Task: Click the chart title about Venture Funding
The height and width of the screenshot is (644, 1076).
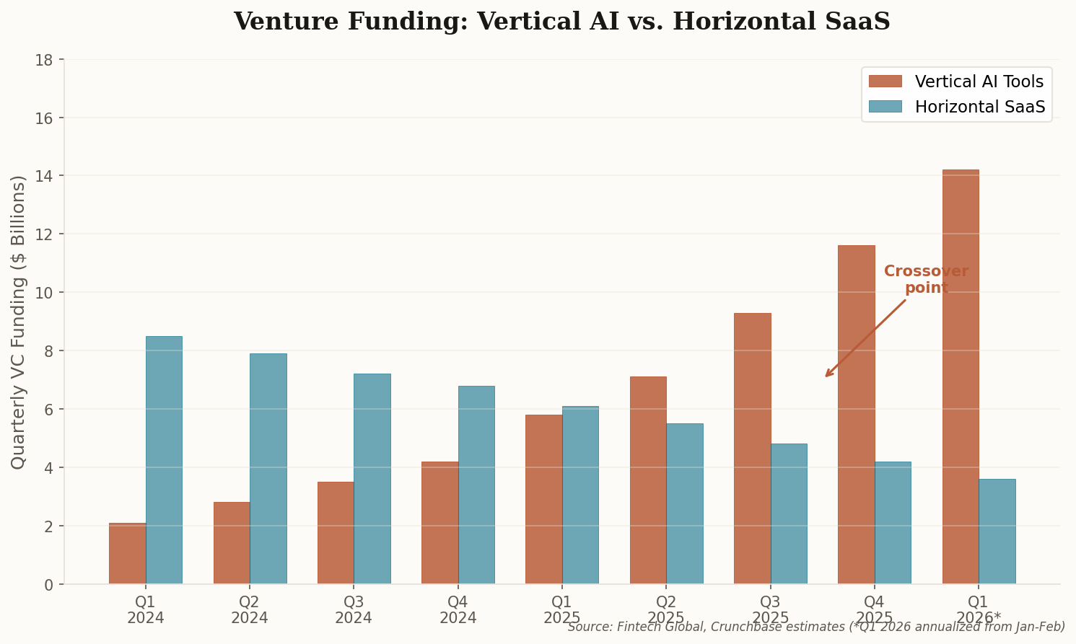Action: click(x=561, y=22)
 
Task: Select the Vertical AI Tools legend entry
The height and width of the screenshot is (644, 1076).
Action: click(x=956, y=81)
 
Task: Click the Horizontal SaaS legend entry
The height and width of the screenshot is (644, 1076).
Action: click(x=956, y=107)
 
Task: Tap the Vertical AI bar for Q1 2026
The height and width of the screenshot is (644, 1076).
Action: click(x=961, y=376)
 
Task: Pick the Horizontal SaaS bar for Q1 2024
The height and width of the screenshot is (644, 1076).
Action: click(x=164, y=460)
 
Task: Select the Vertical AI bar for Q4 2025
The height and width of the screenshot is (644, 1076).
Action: click(x=856, y=415)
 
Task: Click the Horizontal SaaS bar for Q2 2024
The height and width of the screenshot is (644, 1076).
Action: click(x=268, y=469)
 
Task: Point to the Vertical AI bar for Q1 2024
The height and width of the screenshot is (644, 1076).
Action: click(x=127, y=553)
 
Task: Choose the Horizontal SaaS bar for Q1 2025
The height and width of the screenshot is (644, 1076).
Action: click(x=580, y=495)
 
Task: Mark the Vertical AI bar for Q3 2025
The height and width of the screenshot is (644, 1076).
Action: click(x=752, y=449)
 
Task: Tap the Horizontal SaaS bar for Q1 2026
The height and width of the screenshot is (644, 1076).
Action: click(x=997, y=531)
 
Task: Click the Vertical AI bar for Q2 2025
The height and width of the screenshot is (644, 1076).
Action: click(x=648, y=480)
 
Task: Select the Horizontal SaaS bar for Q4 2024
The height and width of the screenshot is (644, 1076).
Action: click(x=476, y=485)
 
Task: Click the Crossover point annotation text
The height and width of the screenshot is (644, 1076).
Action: click(x=926, y=280)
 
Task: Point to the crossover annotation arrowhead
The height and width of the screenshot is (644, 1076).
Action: click(x=827, y=375)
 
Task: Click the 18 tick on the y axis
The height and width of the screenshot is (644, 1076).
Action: click(x=44, y=59)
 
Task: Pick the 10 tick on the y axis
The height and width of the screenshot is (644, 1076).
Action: click(x=44, y=293)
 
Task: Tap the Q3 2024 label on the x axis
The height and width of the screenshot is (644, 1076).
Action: click(x=354, y=609)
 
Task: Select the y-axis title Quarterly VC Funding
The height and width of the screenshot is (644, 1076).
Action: click(x=19, y=322)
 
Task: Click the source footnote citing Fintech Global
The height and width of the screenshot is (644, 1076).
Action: click(x=816, y=627)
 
